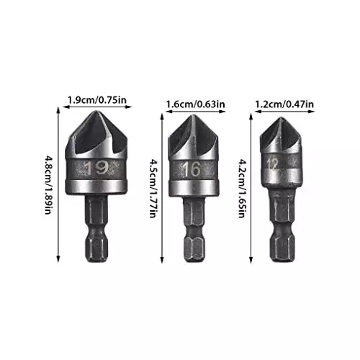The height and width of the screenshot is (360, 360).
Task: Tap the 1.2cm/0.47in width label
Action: [x=284, y=104]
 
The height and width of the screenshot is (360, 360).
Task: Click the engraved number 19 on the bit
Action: [x=97, y=169]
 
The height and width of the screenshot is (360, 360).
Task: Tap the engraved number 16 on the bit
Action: [x=192, y=171]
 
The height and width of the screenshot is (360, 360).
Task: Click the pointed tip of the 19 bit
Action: [x=98, y=114]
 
